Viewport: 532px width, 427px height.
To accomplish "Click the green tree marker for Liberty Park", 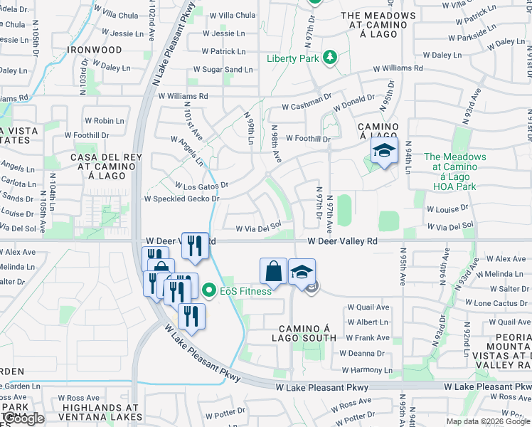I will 329,57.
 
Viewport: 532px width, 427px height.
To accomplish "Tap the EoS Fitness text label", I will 245,291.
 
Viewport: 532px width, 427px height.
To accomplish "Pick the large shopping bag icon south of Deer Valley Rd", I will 274,271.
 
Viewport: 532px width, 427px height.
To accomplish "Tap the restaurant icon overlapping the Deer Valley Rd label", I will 195,246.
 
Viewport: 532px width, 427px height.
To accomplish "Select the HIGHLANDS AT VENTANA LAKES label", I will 94,412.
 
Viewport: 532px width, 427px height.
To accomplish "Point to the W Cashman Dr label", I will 307,107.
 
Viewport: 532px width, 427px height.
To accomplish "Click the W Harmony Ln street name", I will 366,370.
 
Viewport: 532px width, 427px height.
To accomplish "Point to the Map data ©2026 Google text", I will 489,421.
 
